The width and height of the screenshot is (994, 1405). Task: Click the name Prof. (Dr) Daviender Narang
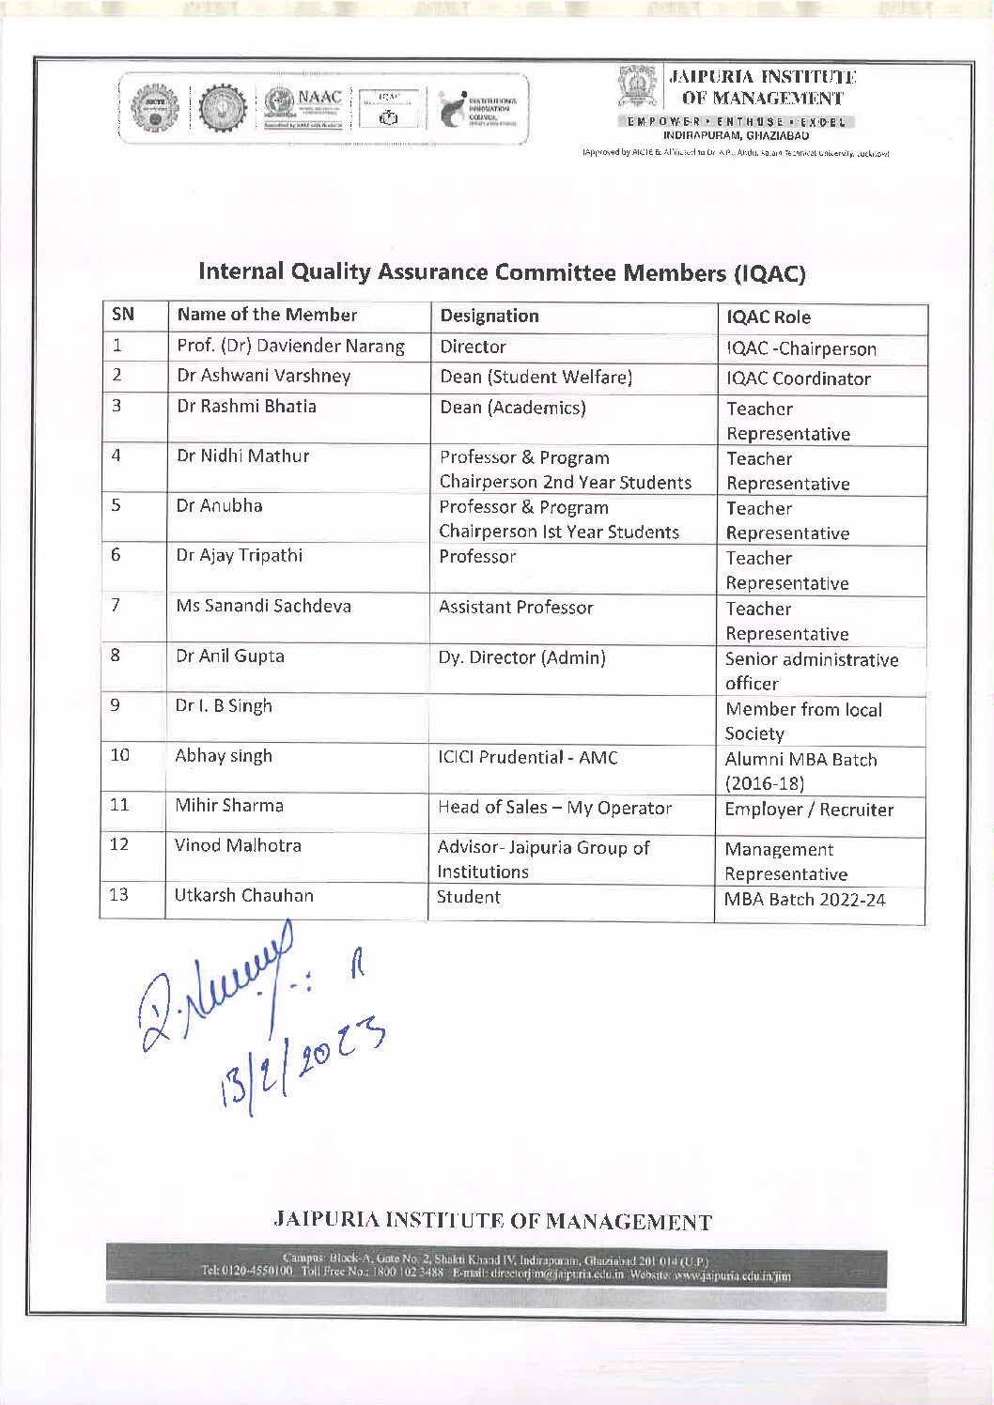290,346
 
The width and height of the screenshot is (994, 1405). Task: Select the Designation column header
489,316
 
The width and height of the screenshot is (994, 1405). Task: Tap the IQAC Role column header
768,317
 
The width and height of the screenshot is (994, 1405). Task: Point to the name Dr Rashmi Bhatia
246,406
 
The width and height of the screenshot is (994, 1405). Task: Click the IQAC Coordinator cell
798,378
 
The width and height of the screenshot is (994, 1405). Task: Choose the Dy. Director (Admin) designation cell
521,657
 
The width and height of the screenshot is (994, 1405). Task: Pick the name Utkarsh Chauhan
243,895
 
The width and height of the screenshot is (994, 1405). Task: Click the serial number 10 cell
120,755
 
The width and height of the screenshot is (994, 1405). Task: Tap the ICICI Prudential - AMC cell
527,757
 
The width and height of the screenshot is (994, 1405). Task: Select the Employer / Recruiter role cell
808,810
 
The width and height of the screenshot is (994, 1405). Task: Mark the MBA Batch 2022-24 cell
804,900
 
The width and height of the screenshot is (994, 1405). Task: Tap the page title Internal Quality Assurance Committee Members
502,272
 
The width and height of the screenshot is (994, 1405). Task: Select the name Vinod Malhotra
238,845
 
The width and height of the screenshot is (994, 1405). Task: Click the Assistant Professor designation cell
516,608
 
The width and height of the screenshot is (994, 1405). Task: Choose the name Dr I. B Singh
224,705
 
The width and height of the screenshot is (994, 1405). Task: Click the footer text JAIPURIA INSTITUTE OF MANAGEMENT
492,1221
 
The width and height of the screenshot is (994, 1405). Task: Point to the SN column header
123,315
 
